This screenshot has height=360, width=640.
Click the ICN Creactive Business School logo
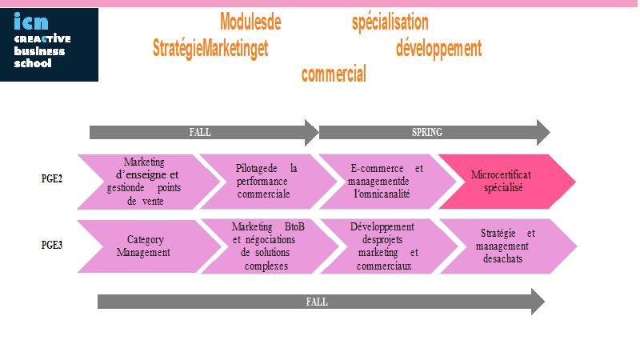49,45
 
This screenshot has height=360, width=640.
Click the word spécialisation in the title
390,22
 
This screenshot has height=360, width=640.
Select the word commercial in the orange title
334,74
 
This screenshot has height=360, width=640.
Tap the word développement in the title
438,49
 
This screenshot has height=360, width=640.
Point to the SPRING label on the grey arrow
427,132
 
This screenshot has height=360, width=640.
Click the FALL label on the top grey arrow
200,132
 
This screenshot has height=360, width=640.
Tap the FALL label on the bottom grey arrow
317,302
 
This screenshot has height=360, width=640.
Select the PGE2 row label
52,178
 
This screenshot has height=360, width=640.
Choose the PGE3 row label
52,245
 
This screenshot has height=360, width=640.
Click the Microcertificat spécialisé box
507,182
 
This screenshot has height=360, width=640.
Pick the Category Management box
150,246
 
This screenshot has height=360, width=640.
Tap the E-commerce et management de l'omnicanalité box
388,182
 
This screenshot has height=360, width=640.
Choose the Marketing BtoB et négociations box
270,246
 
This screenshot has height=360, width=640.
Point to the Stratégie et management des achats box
508,246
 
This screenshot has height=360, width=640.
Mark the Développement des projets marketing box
389,246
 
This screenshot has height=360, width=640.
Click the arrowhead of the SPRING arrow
544,132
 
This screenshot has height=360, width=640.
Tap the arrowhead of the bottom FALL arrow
538,302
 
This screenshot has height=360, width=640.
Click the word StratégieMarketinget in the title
210,49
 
